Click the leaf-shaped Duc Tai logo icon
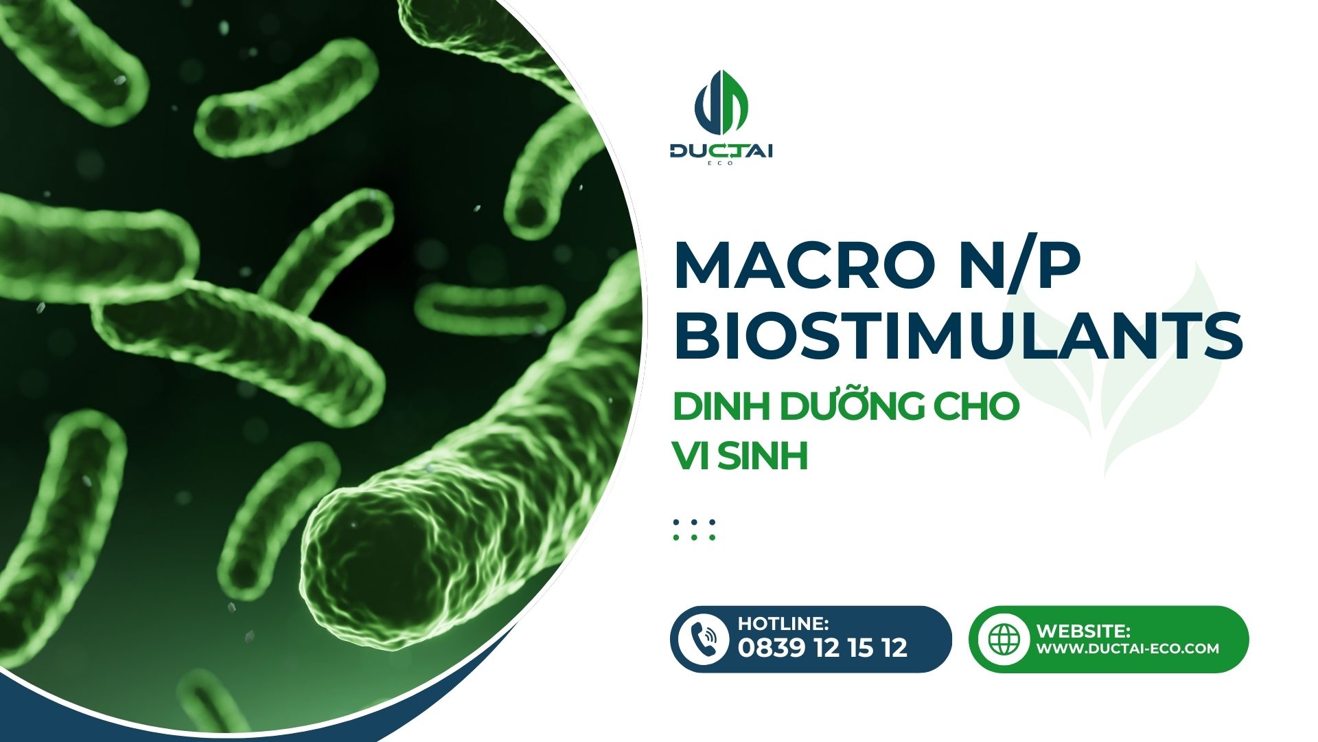[721, 103]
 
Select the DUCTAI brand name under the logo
[721, 151]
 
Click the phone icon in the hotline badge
[702, 639]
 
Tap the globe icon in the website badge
[1004, 639]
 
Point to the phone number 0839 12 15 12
[822, 647]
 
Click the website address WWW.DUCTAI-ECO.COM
[1127, 648]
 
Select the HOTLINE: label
[783, 623]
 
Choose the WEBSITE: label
[1083, 631]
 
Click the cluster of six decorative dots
[694, 530]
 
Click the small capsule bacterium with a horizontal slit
[489, 303]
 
